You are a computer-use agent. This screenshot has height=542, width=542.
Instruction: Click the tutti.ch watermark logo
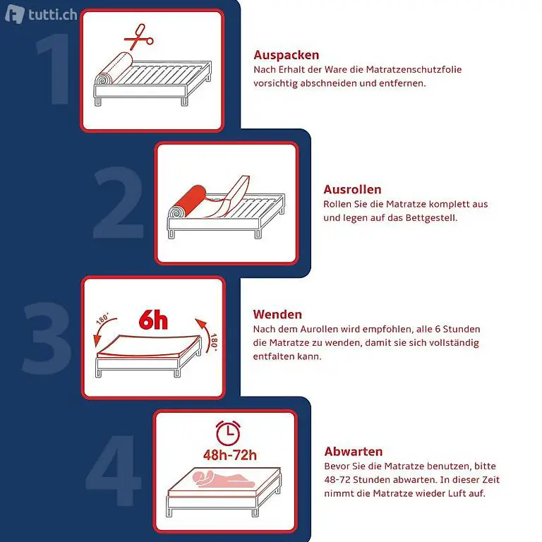tap(41, 14)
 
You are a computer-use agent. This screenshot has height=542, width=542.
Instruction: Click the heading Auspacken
tap(287, 55)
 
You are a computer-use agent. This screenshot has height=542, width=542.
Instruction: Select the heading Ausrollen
tap(352, 189)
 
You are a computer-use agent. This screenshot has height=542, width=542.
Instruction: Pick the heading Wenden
tap(277, 314)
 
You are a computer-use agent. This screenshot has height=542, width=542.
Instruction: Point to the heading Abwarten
tap(354, 452)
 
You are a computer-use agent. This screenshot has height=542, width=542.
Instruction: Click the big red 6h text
tap(153, 320)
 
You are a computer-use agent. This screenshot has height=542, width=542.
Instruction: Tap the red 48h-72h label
tap(230, 455)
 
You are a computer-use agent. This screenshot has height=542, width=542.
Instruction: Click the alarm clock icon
tap(228, 433)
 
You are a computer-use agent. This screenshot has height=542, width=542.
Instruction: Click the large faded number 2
tap(119, 203)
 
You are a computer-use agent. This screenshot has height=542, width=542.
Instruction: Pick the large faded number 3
tap(47, 338)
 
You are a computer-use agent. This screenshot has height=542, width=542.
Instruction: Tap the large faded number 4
tap(114, 469)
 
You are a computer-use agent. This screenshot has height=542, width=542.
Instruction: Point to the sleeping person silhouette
tap(224, 478)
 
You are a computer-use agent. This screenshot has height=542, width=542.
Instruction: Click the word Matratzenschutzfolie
tap(414, 69)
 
